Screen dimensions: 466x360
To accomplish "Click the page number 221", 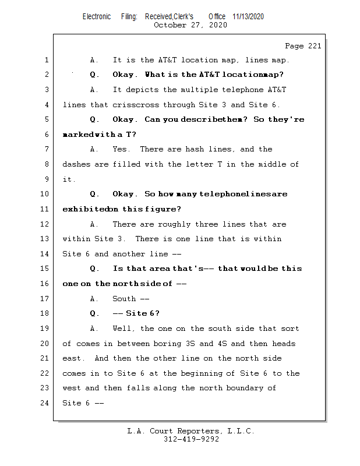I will (x=313, y=46).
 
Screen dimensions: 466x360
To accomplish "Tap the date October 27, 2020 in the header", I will (x=190, y=25).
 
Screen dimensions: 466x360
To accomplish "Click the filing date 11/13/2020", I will (x=248, y=16).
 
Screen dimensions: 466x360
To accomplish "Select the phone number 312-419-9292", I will (x=191, y=440).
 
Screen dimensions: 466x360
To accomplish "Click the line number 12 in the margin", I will (x=46, y=224).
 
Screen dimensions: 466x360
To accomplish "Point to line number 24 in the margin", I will (x=46, y=403).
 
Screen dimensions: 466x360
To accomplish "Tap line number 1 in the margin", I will (x=46, y=60).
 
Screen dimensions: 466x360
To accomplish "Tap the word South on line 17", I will (x=124, y=299).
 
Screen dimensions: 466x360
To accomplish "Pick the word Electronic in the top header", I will (x=97, y=16).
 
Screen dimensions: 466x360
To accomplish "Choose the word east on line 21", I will (x=72, y=358).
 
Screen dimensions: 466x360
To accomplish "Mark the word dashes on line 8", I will (x=76, y=164).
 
